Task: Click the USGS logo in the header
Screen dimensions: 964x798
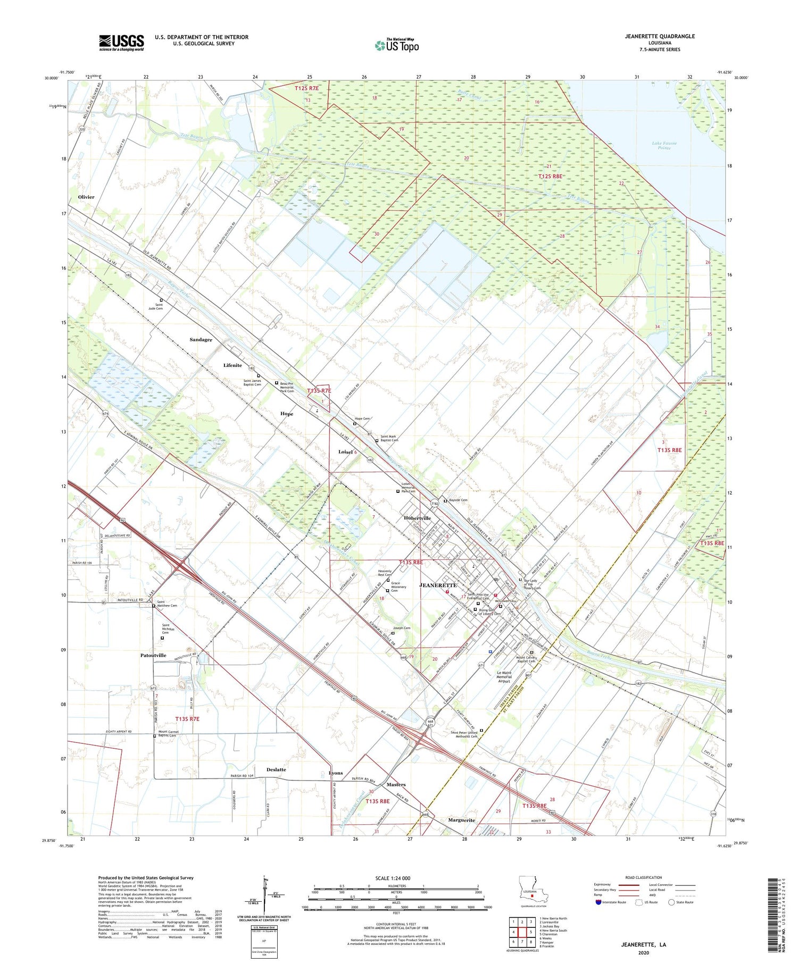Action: tap(121, 43)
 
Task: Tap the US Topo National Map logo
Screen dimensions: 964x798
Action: tap(397, 45)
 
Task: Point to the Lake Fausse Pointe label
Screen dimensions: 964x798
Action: tap(664, 146)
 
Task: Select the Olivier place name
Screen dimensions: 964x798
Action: tap(86, 197)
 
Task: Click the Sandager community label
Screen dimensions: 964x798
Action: tap(201, 339)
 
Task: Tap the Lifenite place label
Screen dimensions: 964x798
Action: tap(232, 365)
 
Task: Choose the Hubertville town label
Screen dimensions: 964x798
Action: tap(417, 518)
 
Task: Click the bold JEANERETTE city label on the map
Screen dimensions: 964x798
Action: tap(438, 585)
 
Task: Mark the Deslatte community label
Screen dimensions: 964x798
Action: tap(276, 769)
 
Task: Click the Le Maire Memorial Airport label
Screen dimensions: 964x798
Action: tap(504, 677)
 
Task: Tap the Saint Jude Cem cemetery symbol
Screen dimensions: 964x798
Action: tap(162, 300)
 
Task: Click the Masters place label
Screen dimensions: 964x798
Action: tap(396, 784)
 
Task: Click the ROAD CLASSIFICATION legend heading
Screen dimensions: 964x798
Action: tap(644, 877)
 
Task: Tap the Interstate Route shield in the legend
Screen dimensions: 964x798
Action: tap(598, 902)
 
